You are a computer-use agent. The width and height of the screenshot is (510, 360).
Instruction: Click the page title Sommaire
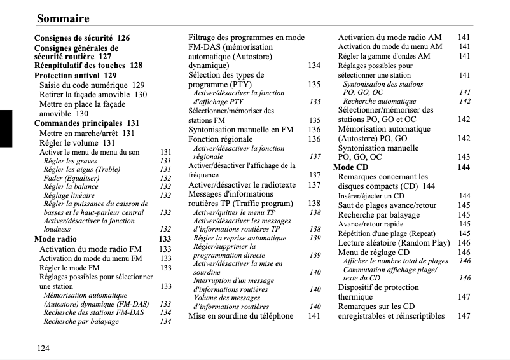(x=63, y=18)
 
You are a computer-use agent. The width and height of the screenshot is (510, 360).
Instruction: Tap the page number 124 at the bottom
(x=43, y=347)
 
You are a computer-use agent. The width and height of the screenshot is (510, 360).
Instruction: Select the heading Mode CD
(x=351, y=167)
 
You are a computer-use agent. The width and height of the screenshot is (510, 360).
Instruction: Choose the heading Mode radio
(x=55, y=239)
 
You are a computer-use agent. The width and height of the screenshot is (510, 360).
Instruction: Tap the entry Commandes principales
(x=78, y=123)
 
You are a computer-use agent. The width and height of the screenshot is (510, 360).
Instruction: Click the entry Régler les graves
(x=70, y=162)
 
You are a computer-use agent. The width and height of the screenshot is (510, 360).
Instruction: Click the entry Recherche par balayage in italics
(x=81, y=322)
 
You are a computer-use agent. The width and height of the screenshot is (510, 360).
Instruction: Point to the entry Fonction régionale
(x=220, y=139)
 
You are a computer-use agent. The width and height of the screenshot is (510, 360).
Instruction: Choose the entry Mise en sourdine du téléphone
(x=241, y=316)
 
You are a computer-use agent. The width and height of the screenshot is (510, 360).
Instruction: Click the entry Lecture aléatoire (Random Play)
(x=394, y=243)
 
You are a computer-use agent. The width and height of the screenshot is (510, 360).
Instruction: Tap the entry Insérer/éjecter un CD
(x=371, y=197)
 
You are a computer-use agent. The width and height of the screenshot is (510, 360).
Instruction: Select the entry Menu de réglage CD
(x=373, y=253)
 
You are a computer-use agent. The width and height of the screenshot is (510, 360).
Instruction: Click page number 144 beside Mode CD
(x=464, y=167)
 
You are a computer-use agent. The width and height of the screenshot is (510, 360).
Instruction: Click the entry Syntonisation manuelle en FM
(x=241, y=130)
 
